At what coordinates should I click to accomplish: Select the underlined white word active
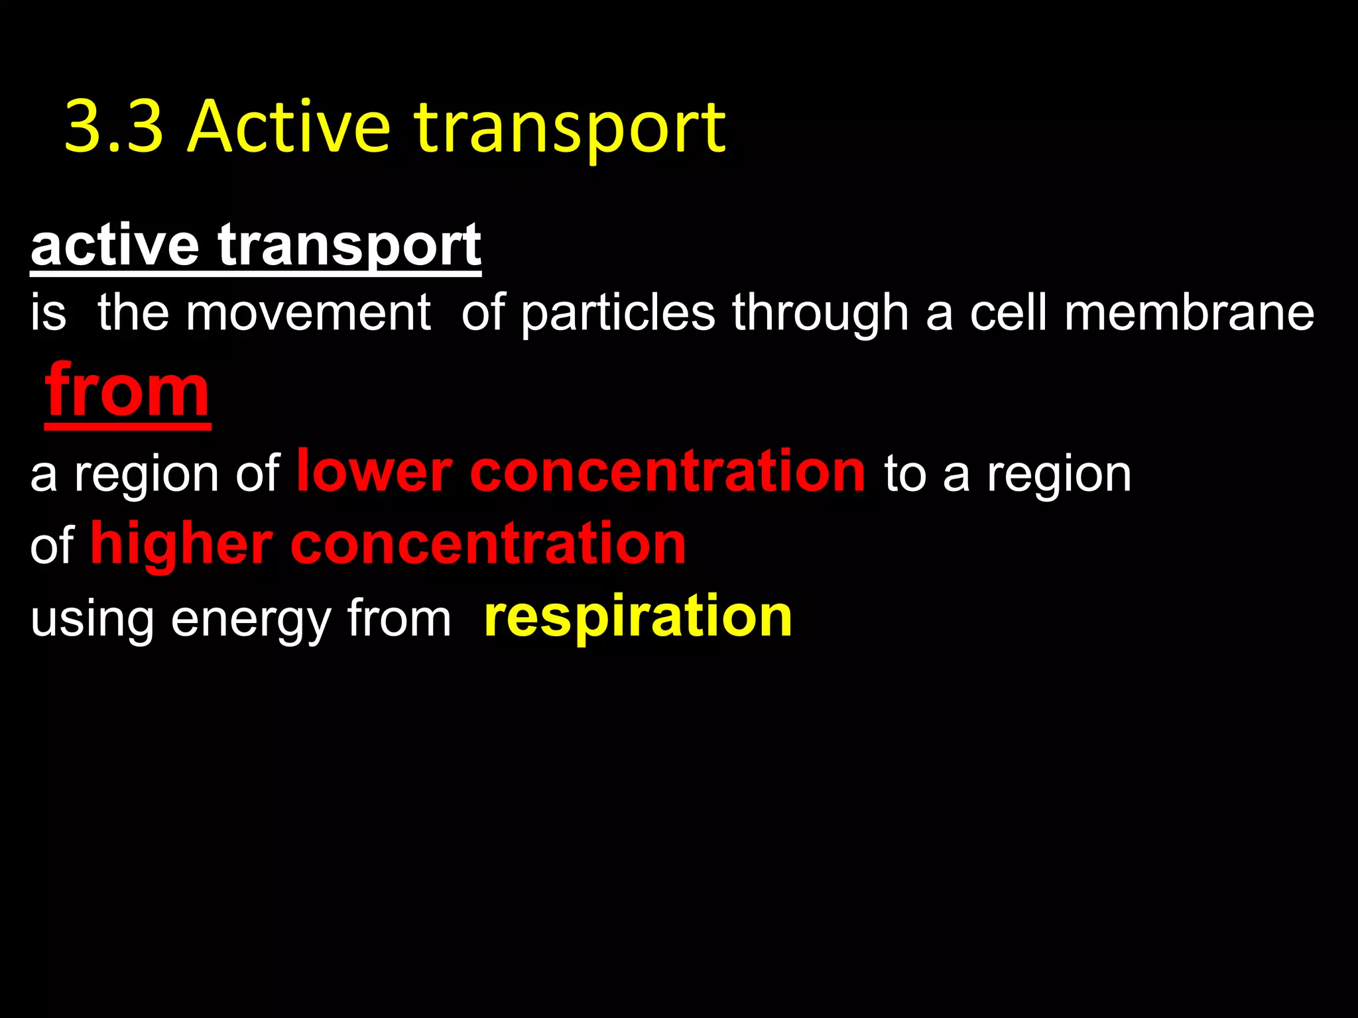115,245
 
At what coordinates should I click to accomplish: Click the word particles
618,314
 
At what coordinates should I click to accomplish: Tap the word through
820,314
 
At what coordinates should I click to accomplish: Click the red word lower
374,472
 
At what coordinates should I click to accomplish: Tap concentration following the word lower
667,472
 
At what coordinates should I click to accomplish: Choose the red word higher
181,545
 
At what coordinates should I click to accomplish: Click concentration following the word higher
488,545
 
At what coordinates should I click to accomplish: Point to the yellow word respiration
638,618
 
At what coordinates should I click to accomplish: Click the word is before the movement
48,313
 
